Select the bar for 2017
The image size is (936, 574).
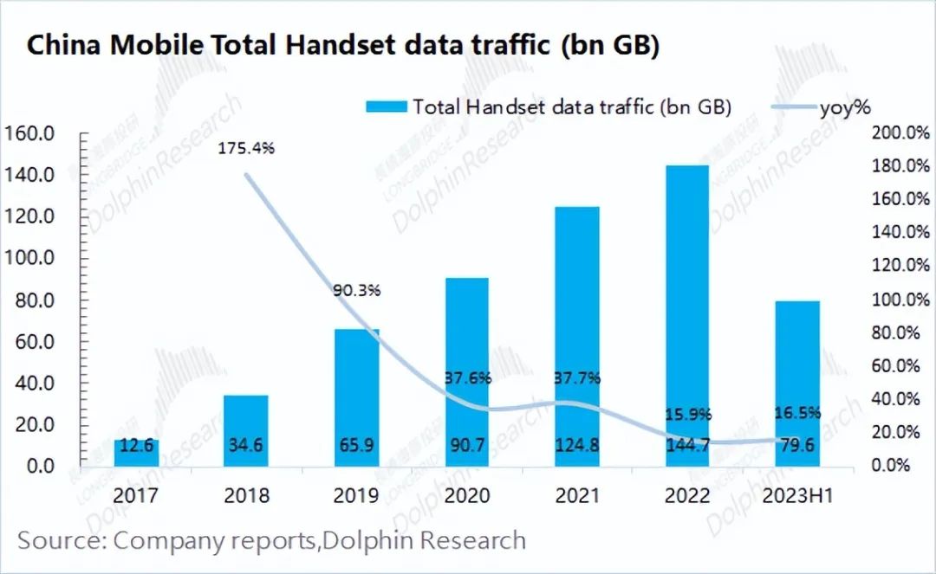(136, 453)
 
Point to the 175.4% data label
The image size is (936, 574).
(246, 148)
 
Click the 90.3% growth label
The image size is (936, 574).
(356, 291)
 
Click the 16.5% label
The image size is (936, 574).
(798, 414)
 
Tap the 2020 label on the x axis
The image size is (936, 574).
(466, 496)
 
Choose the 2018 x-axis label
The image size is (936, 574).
(246, 496)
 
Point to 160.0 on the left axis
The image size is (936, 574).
(30, 133)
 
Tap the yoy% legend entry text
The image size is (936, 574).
(845, 107)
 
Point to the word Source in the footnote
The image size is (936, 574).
(59, 540)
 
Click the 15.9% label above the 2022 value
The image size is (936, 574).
(687, 414)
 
